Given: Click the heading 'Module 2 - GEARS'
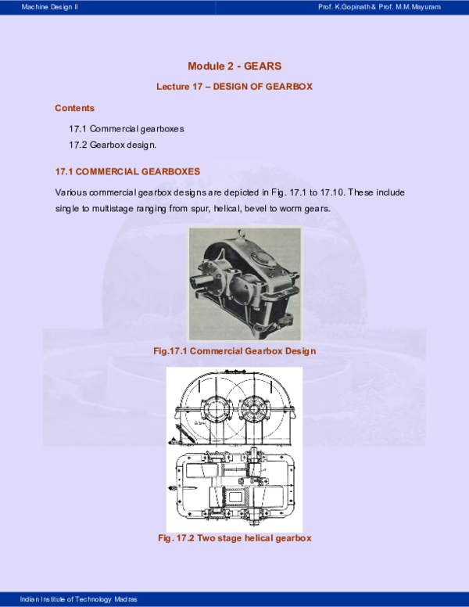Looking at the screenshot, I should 234,66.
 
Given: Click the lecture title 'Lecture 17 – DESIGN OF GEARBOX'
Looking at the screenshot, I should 234,87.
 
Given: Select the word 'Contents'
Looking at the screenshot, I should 75,108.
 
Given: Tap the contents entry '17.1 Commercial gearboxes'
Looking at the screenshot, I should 127,128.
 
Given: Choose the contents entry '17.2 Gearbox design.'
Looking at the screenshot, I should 113,145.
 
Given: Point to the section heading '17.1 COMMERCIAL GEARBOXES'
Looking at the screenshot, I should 127,171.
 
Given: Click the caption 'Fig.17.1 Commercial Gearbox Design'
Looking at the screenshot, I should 234,351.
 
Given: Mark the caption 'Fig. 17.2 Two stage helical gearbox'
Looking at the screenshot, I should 234,539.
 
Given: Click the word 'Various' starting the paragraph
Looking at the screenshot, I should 71,192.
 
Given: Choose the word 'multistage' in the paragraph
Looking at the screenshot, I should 112,209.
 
